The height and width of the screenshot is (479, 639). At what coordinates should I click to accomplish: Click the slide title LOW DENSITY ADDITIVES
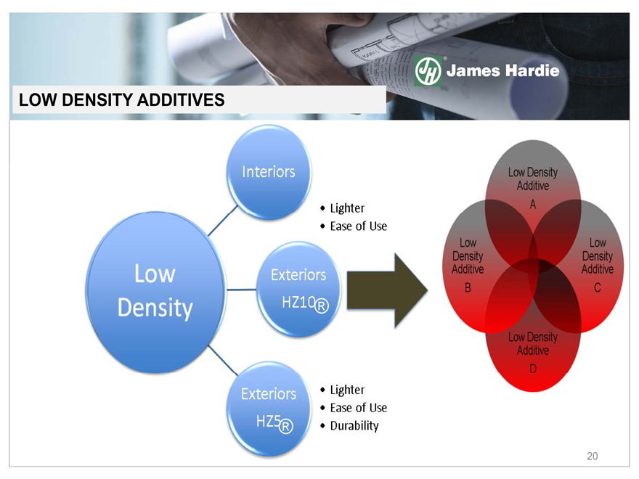(122, 99)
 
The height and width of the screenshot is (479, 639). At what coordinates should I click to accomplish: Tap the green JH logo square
(428, 71)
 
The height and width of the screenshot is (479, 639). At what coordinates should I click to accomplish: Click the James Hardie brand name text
(502, 71)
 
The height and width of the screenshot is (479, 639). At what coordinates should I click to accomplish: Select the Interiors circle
(269, 171)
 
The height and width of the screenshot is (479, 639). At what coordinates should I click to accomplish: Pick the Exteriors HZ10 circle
(298, 290)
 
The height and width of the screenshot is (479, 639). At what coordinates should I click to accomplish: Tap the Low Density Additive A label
(532, 187)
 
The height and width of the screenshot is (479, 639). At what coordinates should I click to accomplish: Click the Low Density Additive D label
(532, 352)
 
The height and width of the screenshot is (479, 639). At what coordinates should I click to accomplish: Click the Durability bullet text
(354, 426)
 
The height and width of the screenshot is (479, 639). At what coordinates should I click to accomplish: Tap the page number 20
(593, 457)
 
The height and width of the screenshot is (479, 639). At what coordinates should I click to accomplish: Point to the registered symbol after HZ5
(286, 426)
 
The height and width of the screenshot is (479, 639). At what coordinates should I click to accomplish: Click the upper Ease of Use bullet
(358, 226)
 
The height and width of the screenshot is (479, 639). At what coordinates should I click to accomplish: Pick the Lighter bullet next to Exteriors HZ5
(347, 390)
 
